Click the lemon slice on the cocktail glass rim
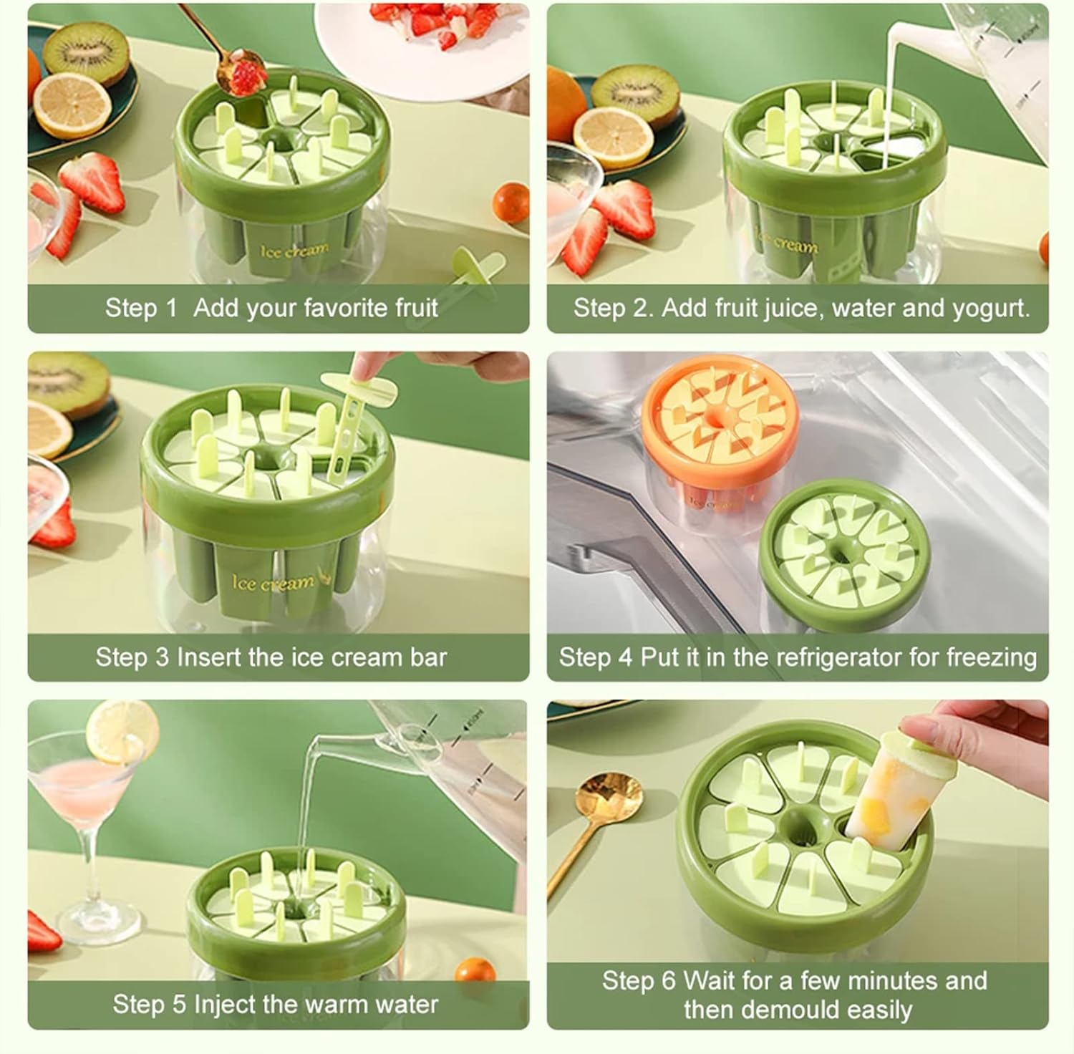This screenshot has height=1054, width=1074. tap(122, 732)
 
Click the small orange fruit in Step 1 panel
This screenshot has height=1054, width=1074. tap(512, 203)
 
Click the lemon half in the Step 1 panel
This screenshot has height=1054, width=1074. tap(74, 105)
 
